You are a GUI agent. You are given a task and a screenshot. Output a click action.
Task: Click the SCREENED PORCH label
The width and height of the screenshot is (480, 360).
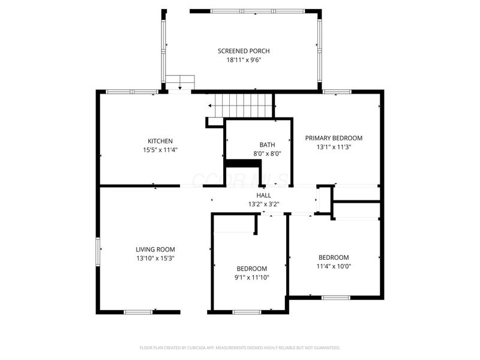pos(244,51)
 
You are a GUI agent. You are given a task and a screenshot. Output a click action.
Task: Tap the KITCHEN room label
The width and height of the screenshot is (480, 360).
pos(160,141)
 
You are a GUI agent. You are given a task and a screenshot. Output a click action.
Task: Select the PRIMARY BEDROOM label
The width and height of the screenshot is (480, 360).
pos(334,138)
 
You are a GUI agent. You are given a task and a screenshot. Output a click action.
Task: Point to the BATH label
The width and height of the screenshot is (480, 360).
pos(267,145)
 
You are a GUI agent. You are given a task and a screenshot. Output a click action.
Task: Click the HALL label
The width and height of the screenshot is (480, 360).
pos(263,196)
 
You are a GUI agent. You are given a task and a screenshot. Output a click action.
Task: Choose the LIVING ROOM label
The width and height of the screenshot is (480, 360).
pos(155,250)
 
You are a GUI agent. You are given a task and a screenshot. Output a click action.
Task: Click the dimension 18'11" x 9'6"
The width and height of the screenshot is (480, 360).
pos(244,59)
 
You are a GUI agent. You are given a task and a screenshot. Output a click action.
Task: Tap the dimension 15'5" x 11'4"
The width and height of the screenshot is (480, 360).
pos(160,150)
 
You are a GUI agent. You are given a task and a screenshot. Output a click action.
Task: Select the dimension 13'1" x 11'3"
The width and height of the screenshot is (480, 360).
pos(334,147)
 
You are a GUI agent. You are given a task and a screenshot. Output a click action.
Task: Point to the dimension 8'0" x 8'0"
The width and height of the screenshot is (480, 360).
pos(267,154)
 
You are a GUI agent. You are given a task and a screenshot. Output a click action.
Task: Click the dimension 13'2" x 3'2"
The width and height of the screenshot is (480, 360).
pos(263,204)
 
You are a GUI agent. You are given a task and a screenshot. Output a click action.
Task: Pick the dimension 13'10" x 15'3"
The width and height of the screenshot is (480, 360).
pos(155,259)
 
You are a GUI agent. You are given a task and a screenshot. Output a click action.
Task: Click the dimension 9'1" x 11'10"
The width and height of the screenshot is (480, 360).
pos(251,278)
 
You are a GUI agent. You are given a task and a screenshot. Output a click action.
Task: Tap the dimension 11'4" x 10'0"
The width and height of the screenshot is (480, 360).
pos(334,266)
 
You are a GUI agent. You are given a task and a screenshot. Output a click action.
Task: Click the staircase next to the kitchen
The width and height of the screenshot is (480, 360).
pos(239,106)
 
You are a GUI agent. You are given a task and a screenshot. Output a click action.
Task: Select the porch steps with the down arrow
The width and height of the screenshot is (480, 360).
pos(180,82)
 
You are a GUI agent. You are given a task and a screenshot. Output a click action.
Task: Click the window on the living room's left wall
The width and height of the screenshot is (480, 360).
pos(98,251)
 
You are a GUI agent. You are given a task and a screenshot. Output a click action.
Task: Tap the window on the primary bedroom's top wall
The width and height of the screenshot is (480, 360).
pos(337,92)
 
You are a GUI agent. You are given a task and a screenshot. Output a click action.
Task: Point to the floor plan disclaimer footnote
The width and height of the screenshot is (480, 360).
pos(239,348)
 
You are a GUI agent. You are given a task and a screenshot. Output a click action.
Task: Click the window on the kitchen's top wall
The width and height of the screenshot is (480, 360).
pos(132,92)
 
